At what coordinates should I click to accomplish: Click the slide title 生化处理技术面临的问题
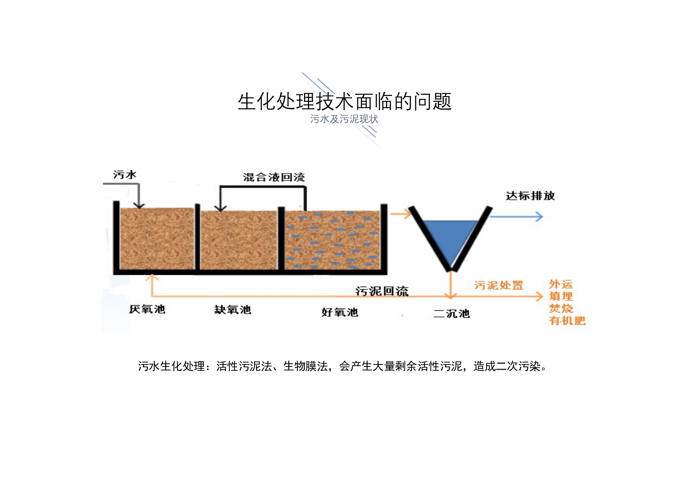click(x=345, y=101)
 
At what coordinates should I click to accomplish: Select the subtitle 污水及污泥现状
click(x=344, y=119)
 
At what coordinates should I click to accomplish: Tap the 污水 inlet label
click(x=125, y=175)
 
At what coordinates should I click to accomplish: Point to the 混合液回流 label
click(x=274, y=177)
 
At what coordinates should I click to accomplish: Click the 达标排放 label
click(x=530, y=196)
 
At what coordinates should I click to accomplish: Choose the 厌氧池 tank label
click(x=147, y=309)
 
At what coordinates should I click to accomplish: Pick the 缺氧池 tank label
click(x=232, y=310)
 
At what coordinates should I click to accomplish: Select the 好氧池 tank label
click(x=339, y=312)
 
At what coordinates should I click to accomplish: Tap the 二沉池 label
click(x=452, y=313)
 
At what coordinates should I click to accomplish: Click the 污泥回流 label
click(x=382, y=291)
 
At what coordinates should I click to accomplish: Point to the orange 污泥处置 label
click(x=498, y=285)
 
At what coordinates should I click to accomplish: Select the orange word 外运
click(x=561, y=284)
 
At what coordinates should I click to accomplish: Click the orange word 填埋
click(x=561, y=296)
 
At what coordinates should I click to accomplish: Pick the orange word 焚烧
click(x=561, y=308)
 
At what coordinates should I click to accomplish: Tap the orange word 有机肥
click(x=567, y=321)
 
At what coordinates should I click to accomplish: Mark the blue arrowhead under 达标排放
click(x=539, y=216)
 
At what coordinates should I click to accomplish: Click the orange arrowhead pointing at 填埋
click(x=539, y=296)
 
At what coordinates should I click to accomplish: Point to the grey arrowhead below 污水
click(x=139, y=205)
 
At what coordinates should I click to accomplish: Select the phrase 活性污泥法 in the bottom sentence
click(x=244, y=366)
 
